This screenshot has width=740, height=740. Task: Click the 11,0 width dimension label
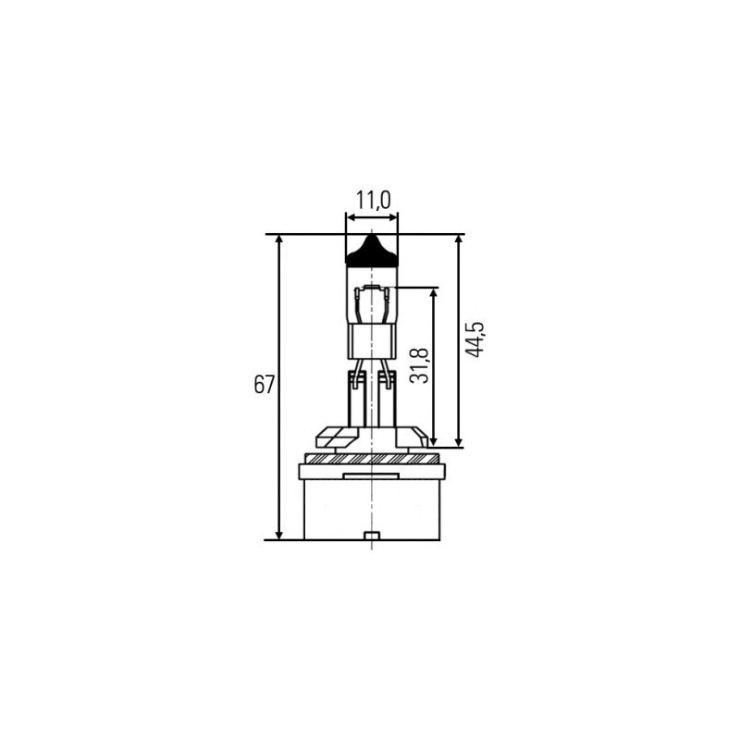pyautogui.click(x=372, y=199)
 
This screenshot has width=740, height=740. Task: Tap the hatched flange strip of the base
pyautogui.click(x=370, y=458)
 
